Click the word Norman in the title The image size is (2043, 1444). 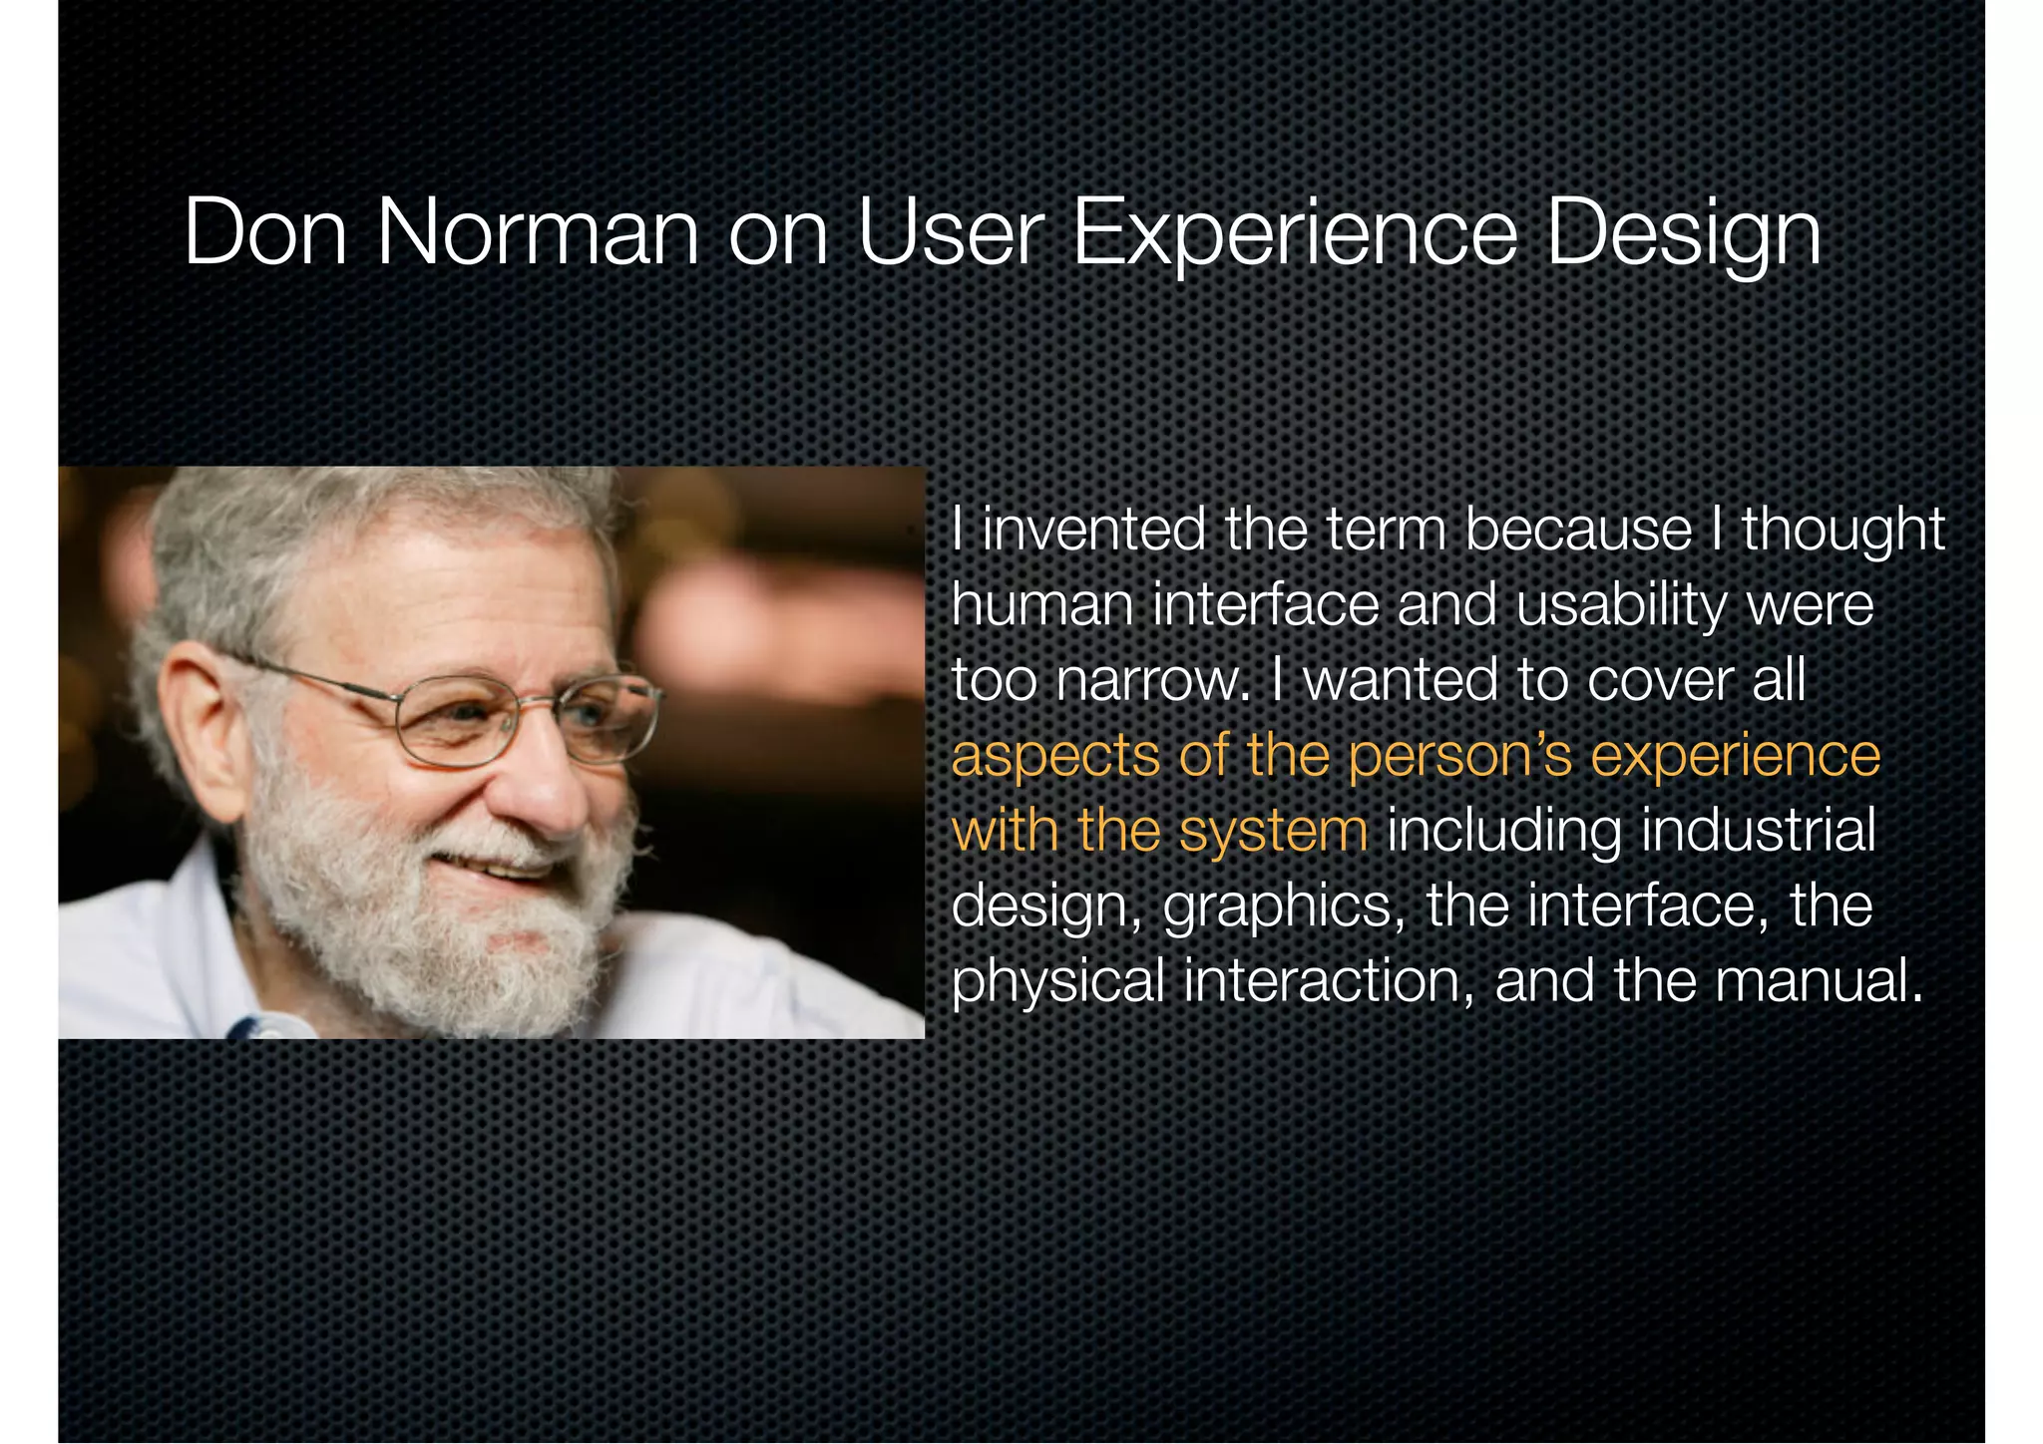pos(538,233)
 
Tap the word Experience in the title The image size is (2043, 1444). pos(1294,233)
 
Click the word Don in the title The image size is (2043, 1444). pos(265,233)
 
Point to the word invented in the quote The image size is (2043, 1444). pos(1093,530)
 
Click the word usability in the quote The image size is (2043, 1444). pos(1622,606)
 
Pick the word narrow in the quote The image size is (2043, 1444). pos(1152,681)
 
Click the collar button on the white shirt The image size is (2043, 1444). pos(270,1027)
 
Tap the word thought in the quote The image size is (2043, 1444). pos(1843,532)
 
